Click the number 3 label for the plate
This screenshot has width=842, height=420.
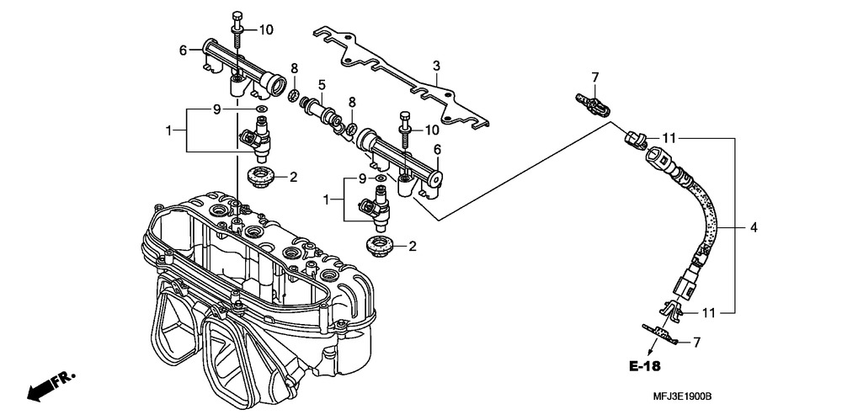[436, 66]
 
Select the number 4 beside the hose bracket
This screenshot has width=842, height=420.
[754, 227]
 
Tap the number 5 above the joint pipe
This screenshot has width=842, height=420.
[322, 84]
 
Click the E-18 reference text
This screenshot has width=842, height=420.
[644, 366]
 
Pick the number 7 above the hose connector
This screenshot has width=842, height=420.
[594, 77]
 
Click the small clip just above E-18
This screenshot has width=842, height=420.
[661, 334]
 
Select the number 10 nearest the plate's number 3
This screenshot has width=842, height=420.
[431, 130]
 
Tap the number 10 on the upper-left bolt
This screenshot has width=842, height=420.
[266, 30]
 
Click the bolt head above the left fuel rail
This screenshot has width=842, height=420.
[237, 18]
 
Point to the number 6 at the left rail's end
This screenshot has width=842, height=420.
[182, 51]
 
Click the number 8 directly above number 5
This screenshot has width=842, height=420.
[294, 67]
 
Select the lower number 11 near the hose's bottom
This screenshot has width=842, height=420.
[708, 312]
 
